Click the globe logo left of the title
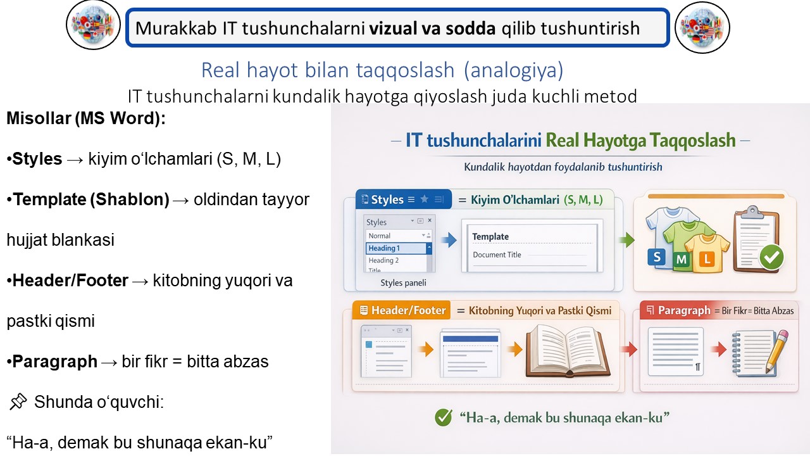93,25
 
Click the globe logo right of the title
702,27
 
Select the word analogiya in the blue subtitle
513,70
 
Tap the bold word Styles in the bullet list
37,159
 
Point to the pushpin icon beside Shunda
18,402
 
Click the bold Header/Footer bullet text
70,281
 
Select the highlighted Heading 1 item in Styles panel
396,248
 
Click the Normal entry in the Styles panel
379,236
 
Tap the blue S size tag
657,258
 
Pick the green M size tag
682,260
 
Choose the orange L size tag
706,259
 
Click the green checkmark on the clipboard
771,257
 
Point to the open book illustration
568,351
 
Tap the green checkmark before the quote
444,417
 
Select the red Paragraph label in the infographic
684,310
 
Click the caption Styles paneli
403,282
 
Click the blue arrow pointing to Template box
449,240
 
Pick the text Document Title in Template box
497,255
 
